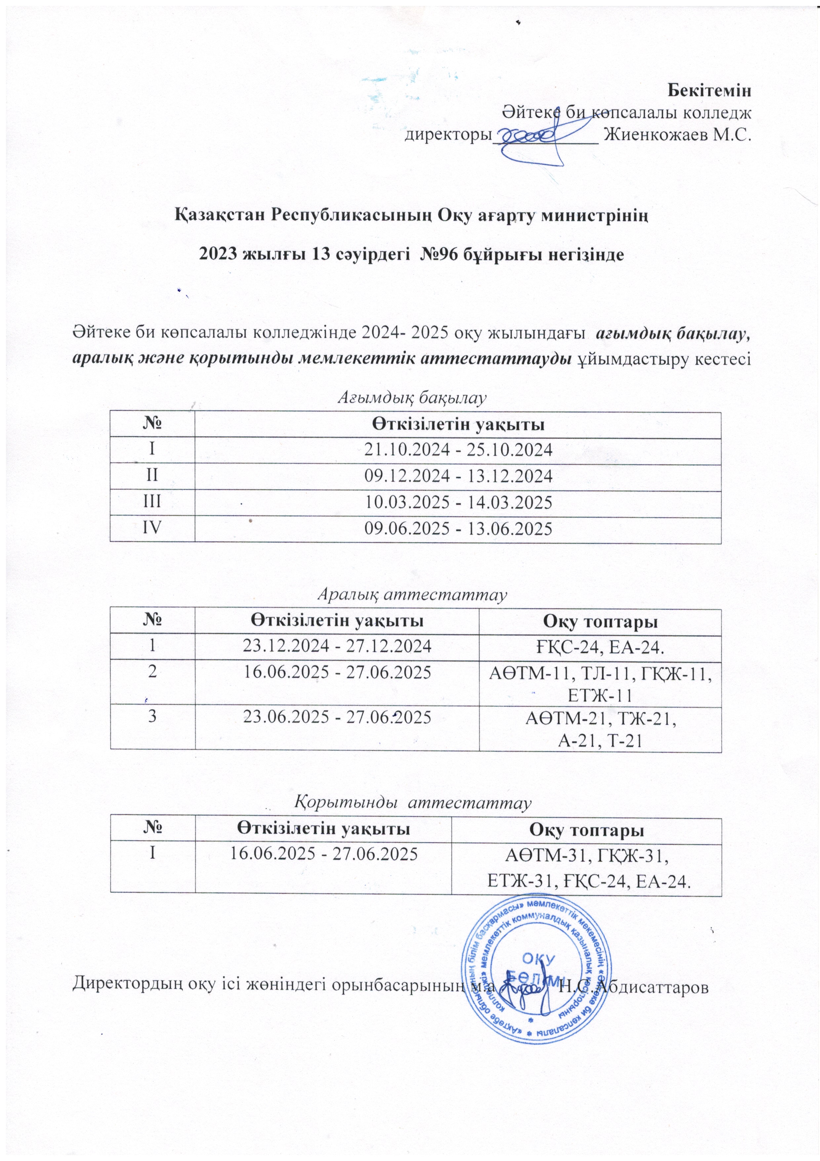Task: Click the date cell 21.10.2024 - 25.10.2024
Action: point(458,450)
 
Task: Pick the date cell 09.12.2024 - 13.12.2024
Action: point(458,476)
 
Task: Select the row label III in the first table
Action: point(152,502)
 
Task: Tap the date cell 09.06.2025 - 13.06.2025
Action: point(458,529)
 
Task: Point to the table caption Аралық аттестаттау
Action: point(411,595)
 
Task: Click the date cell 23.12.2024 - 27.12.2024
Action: point(337,646)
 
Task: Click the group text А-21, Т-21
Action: point(600,741)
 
